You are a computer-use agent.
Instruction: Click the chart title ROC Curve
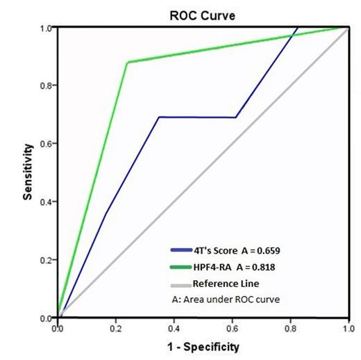pyautogui.click(x=201, y=13)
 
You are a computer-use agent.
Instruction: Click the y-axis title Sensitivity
pyautogui.click(x=28, y=172)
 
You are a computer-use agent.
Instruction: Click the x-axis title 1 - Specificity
pyautogui.click(x=201, y=345)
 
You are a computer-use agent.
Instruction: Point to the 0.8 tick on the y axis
pyautogui.click(x=49, y=85)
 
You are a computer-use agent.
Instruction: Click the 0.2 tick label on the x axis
pyautogui.click(x=115, y=326)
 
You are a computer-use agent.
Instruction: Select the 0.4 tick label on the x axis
pyautogui.click(x=173, y=326)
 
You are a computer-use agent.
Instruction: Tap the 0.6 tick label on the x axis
pyautogui.click(x=231, y=326)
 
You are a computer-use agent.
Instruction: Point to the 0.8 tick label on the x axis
pyautogui.click(x=289, y=326)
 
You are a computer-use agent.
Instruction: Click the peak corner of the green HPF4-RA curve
pyautogui.click(x=127, y=63)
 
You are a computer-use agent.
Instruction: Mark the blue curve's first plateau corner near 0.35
pyautogui.click(x=159, y=117)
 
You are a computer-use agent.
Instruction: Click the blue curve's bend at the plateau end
pyautogui.click(x=236, y=117)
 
